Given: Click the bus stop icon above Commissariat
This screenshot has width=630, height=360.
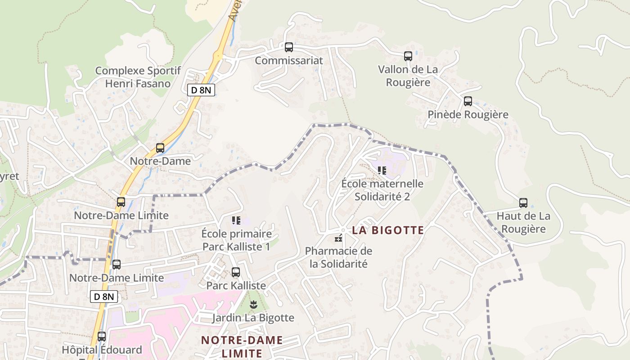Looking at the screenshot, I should [x=289, y=47].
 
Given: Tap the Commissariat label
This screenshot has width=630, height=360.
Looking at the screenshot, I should [x=289, y=60].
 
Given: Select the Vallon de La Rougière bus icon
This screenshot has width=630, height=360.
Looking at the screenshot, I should [x=408, y=56].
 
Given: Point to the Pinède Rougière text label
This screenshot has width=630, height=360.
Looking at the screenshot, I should [x=468, y=114].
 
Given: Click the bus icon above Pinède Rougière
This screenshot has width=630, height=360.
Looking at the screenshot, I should [x=468, y=101].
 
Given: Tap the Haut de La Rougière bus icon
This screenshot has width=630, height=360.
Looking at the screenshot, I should [x=523, y=202].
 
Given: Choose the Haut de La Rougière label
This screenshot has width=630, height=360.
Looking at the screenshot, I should [x=523, y=222].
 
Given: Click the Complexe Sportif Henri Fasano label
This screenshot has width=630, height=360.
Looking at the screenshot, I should [x=138, y=77].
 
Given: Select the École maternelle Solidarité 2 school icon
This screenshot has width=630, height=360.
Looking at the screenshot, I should [x=382, y=170].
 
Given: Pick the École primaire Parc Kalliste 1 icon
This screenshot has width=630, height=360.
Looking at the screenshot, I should [x=236, y=220].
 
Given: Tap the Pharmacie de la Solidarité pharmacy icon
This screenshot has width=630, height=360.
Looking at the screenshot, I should [x=338, y=238].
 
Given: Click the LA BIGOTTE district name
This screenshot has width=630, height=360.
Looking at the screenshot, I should [x=388, y=230].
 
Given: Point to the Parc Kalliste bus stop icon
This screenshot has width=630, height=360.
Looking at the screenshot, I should [x=236, y=272].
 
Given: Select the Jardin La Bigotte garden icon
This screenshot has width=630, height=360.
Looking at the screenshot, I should [x=253, y=305].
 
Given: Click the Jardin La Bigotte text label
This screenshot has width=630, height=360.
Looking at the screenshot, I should [x=253, y=318].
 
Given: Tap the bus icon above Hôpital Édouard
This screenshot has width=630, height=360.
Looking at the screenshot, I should [x=102, y=336].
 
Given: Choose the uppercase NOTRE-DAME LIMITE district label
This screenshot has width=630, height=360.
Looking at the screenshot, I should [x=242, y=346].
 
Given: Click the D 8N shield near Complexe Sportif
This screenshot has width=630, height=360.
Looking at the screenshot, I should [x=201, y=90].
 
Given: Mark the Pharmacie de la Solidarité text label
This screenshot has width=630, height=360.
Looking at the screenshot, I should [x=339, y=257].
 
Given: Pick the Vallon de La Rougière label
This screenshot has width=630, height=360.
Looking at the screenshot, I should [x=408, y=76].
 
